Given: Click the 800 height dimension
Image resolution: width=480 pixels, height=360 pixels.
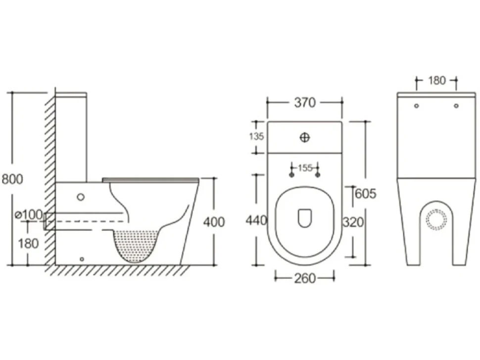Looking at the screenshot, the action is pos(12,179).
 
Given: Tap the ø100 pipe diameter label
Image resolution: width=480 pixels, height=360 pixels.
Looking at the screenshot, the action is pos(29,215).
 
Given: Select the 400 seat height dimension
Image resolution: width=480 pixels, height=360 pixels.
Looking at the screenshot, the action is pos(214,222).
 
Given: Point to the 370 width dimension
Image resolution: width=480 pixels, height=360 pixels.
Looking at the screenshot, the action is pos(305,103).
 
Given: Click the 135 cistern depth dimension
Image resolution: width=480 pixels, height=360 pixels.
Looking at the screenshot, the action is pos(256,136).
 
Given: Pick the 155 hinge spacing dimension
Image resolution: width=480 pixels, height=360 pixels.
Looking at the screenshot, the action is pos(305,168).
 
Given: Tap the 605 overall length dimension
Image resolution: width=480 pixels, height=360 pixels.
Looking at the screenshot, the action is pos(366,194).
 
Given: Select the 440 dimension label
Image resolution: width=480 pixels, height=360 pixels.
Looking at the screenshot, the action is pos(256,220).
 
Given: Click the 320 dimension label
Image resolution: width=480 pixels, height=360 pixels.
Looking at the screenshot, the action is pos(353,223).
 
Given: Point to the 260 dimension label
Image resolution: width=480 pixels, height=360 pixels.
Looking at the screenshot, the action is pos(305,278).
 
